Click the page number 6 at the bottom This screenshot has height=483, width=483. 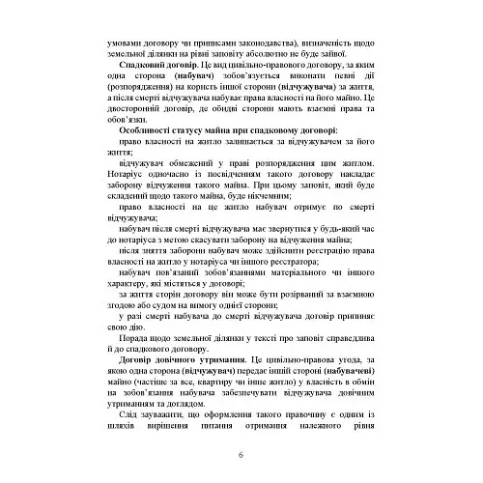coord(241,455)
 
